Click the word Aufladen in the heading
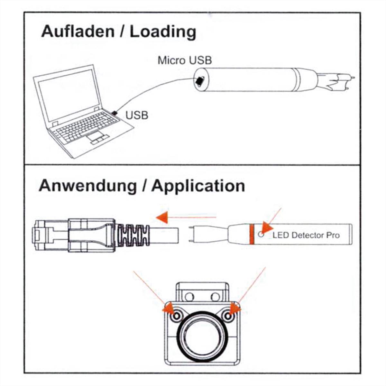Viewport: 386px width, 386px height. tap(78, 32)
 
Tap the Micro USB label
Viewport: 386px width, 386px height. tap(185, 60)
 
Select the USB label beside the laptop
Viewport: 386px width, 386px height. tap(137, 115)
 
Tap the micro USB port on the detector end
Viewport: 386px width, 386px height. tap(200, 82)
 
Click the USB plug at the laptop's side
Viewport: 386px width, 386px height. tap(115, 113)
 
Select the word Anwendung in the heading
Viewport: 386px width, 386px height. tap(88, 186)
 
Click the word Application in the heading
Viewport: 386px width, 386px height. tap(198, 186)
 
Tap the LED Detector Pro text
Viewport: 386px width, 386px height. tap(306, 235)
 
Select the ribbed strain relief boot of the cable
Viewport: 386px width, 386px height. tap(133, 235)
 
